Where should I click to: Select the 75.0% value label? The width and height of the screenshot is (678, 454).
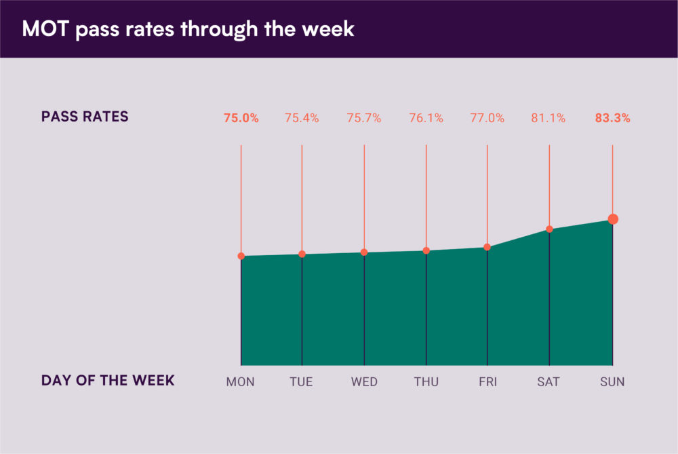241,118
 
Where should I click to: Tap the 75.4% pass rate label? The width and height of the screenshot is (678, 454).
302,118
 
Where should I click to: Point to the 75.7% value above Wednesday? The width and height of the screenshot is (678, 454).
364,118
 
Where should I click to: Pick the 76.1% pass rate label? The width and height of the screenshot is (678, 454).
426,118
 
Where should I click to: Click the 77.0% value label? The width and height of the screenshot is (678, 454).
487,118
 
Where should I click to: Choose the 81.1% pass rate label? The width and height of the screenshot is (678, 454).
549,118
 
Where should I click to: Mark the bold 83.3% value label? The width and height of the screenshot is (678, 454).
612,118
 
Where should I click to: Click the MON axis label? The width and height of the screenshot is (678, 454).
241,382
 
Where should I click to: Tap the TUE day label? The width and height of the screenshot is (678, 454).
301,382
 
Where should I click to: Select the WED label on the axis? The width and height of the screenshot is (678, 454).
364,382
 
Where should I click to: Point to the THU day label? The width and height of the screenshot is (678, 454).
426,382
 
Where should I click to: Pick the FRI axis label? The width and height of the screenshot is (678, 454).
487,382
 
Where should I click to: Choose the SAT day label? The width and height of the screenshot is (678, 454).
549,382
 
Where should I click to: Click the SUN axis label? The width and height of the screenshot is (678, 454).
612,382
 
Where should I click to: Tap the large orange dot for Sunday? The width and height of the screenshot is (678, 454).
613,219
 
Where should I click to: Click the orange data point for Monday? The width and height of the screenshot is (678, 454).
241,256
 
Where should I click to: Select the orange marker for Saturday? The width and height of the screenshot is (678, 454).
549,229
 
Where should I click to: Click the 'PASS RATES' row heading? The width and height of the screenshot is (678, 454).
85,117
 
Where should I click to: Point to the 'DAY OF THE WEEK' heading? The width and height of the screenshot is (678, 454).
108,381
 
